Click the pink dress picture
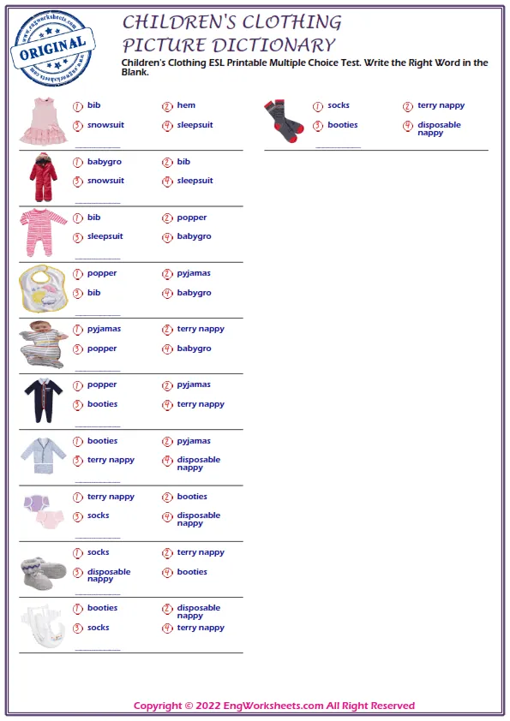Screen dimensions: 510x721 43,120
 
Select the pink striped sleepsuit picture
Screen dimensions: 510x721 43,232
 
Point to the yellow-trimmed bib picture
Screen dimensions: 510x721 43,289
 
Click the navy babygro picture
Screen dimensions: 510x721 43,400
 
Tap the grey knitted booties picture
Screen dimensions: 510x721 43,570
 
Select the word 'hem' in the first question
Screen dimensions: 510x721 186,105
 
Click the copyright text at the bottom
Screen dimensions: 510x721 273,706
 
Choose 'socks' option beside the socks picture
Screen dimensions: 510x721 339,105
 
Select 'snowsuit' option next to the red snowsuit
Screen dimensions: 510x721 105,181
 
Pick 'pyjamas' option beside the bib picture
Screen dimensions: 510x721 194,273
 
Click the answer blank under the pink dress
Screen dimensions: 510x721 97,146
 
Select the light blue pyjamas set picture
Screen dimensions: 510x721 43,456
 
